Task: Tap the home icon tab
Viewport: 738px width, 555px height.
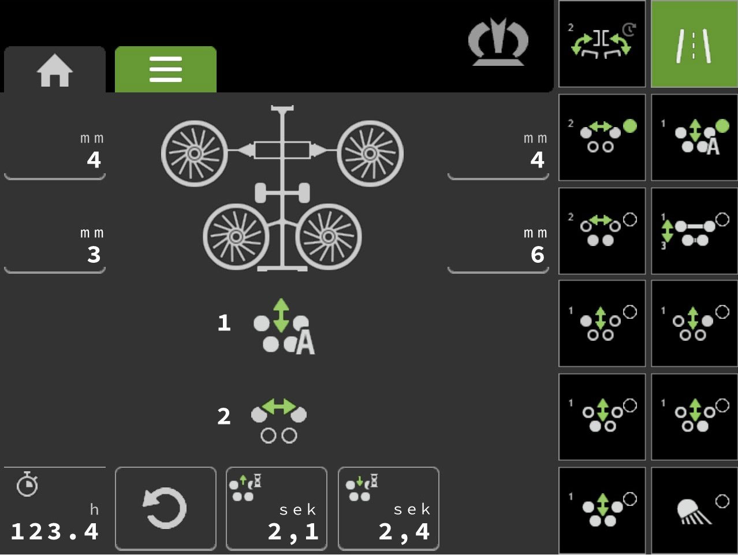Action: pyautogui.click(x=55, y=69)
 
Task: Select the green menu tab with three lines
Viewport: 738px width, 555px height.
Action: pyautogui.click(x=166, y=69)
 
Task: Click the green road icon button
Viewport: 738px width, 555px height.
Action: pyautogui.click(x=694, y=44)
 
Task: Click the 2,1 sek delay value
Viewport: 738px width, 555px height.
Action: pyautogui.click(x=293, y=531)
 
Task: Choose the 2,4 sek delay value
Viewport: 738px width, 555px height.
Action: pyautogui.click(x=404, y=531)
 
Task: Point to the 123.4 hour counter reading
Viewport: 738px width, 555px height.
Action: pyautogui.click(x=55, y=531)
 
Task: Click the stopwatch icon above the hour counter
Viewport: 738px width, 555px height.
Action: pyautogui.click(x=27, y=484)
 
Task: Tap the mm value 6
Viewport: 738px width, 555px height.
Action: pyautogui.click(x=537, y=255)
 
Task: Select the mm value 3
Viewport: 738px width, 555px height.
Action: pyautogui.click(x=94, y=255)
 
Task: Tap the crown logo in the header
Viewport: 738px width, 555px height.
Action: pyautogui.click(x=498, y=42)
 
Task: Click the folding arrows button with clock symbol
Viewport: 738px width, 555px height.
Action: pyautogui.click(x=602, y=44)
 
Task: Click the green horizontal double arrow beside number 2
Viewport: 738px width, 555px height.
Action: pyautogui.click(x=279, y=407)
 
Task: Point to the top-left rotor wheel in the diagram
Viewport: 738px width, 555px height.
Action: pyautogui.click(x=195, y=154)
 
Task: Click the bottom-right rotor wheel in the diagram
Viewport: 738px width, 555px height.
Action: pyautogui.click(x=329, y=237)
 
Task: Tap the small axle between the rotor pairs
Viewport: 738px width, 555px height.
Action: pyautogui.click(x=282, y=193)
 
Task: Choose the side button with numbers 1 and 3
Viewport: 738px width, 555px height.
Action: pyautogui.click(x=694, y=230)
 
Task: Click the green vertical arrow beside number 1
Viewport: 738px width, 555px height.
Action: pyautogui.click(x=281, y=315)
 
